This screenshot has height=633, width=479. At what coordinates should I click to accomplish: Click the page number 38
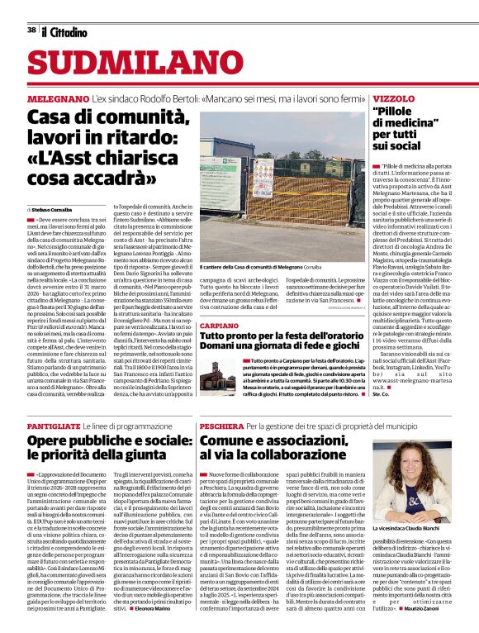31,31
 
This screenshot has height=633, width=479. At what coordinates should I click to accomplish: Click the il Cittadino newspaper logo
64,31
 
